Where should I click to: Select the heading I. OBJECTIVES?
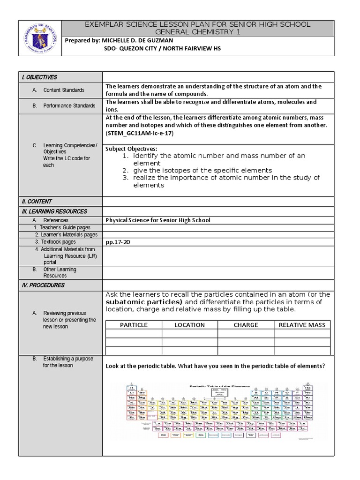39,77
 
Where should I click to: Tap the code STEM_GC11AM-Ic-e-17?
140,133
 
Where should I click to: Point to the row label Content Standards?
64,90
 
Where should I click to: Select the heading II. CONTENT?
36,202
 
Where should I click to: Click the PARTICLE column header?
134,325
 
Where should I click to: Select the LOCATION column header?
189,325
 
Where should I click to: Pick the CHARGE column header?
246,325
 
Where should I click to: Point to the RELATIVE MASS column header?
302,325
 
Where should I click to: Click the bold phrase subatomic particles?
144,302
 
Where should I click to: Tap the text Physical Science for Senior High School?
158,220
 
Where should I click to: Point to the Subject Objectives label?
125,149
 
